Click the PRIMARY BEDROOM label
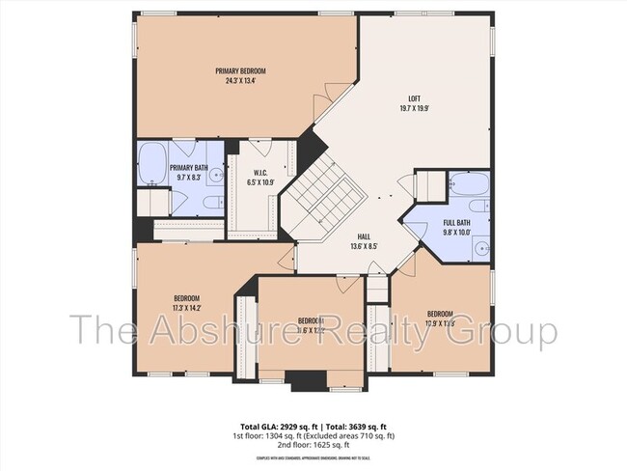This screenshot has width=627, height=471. click(240, 71)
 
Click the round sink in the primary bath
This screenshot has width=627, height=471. click(217, 176)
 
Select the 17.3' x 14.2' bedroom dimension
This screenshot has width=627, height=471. click(187, 307)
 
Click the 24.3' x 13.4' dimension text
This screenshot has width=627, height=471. click(240, 81)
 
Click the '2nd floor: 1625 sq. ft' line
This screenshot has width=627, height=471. click(313, 443)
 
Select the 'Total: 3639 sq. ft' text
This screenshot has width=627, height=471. click(361, 425)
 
